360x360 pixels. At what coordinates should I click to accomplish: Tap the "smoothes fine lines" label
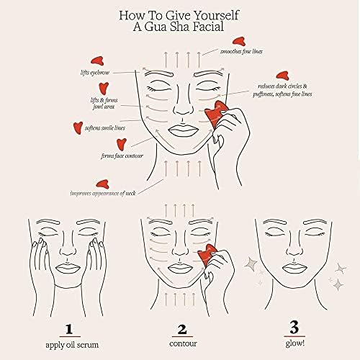tap(241, 51)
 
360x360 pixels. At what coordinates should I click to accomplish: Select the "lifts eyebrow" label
tap(95, 73)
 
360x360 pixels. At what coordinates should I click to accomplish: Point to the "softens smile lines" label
tap(105, 128)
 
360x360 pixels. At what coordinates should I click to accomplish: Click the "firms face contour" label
tap(122, 156)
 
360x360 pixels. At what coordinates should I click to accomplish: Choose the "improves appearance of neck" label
tap(103, 193)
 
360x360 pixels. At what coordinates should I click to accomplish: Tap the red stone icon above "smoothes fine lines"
tap(239, 41)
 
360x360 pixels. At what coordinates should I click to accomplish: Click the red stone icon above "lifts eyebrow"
tap(97, 61)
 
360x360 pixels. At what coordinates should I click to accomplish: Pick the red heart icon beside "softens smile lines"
tap(78, 127)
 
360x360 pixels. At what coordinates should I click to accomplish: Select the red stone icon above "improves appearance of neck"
tap(103, 184)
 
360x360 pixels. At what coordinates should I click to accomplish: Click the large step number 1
tap(69, 329)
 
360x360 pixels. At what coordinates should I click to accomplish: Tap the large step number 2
tap(182, 329)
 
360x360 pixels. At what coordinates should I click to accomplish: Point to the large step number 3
tap(294, 327)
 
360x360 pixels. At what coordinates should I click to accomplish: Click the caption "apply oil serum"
tap(72, 345)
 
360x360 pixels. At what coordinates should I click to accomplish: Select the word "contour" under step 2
tap(183, 343)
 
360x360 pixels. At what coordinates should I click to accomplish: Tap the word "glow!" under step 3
tap(295, 343)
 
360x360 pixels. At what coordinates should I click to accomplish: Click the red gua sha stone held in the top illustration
tap(215, 114)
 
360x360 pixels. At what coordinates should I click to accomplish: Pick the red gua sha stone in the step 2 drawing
tap(207, 255)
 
